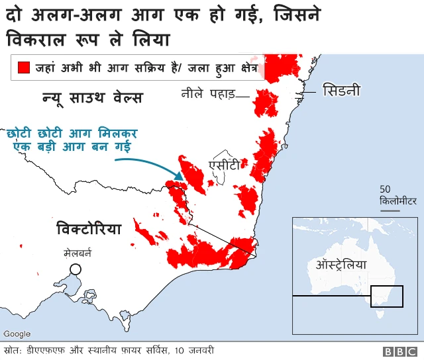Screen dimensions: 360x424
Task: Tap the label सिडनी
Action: pyautogui.click(x=341, y=90)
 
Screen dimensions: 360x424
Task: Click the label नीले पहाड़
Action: pyautogui.click(x=208, y=94)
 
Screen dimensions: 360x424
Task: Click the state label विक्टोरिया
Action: pyautogui.click(x=89, y=230)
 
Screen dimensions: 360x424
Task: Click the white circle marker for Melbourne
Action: pyautogui.click(x=76, y=269)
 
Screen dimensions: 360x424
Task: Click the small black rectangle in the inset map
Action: pyautogui.click(x=387, y=296)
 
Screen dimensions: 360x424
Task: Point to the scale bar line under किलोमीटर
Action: pyautogui.click(x=390, y=210)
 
